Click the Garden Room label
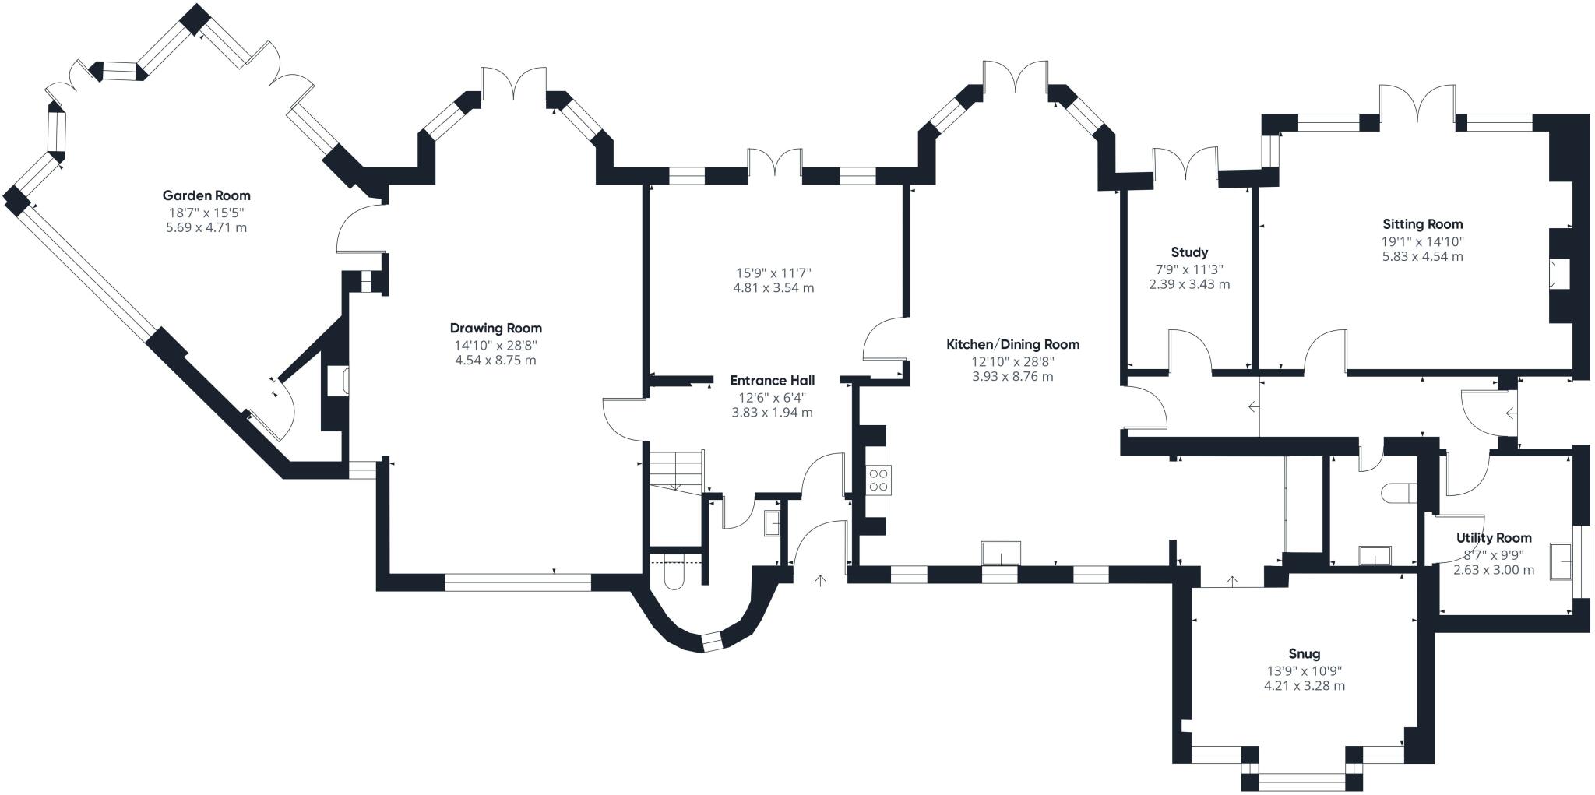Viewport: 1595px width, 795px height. (x=206, y=195)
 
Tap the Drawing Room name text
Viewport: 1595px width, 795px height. (x=495, y=328)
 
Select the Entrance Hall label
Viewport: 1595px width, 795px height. (x=772, y=380)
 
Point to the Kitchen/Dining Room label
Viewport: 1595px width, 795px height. (x=1012, y=344)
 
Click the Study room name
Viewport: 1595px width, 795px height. (x=1189, y=252)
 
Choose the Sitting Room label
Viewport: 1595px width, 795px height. (x=1422, y=224)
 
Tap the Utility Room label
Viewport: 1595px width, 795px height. (x=1493, y=537)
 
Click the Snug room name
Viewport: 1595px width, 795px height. (x=1304, y=654)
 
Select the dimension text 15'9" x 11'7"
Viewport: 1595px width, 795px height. (x=773, y=273)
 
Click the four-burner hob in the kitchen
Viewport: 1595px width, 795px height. (x=879, y=479)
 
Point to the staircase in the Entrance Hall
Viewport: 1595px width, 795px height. (x=677, y=470)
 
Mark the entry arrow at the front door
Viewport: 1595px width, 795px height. (x=820, y=580)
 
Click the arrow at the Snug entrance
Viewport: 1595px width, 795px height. (x=1232, y=580)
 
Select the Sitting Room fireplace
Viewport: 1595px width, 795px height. (x=1558, y=274)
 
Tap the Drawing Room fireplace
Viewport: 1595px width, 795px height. (x=337, y=382)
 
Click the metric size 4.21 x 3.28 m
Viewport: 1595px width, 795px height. (x=1304, y=686)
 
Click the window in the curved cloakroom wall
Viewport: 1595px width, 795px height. (x=712, y=642)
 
